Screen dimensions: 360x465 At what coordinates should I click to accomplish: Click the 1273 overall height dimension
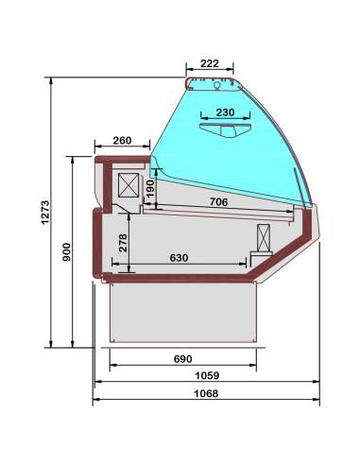pos(45,212)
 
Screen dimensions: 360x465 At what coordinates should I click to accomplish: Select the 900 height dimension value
pos(66,251)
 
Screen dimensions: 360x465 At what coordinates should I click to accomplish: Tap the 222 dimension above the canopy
pos(210,63)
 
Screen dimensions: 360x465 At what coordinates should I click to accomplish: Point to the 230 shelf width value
pos(226,112)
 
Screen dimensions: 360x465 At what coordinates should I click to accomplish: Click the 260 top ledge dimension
pos(122,140)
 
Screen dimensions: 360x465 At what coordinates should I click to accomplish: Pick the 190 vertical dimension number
pos(151,189)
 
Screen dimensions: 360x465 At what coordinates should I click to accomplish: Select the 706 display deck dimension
pos(218,202)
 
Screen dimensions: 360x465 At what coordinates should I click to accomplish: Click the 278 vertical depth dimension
pos(123,243)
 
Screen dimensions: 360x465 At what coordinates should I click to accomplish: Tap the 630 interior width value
pos(179,258)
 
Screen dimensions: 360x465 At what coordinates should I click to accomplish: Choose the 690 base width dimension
pos(183,359)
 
